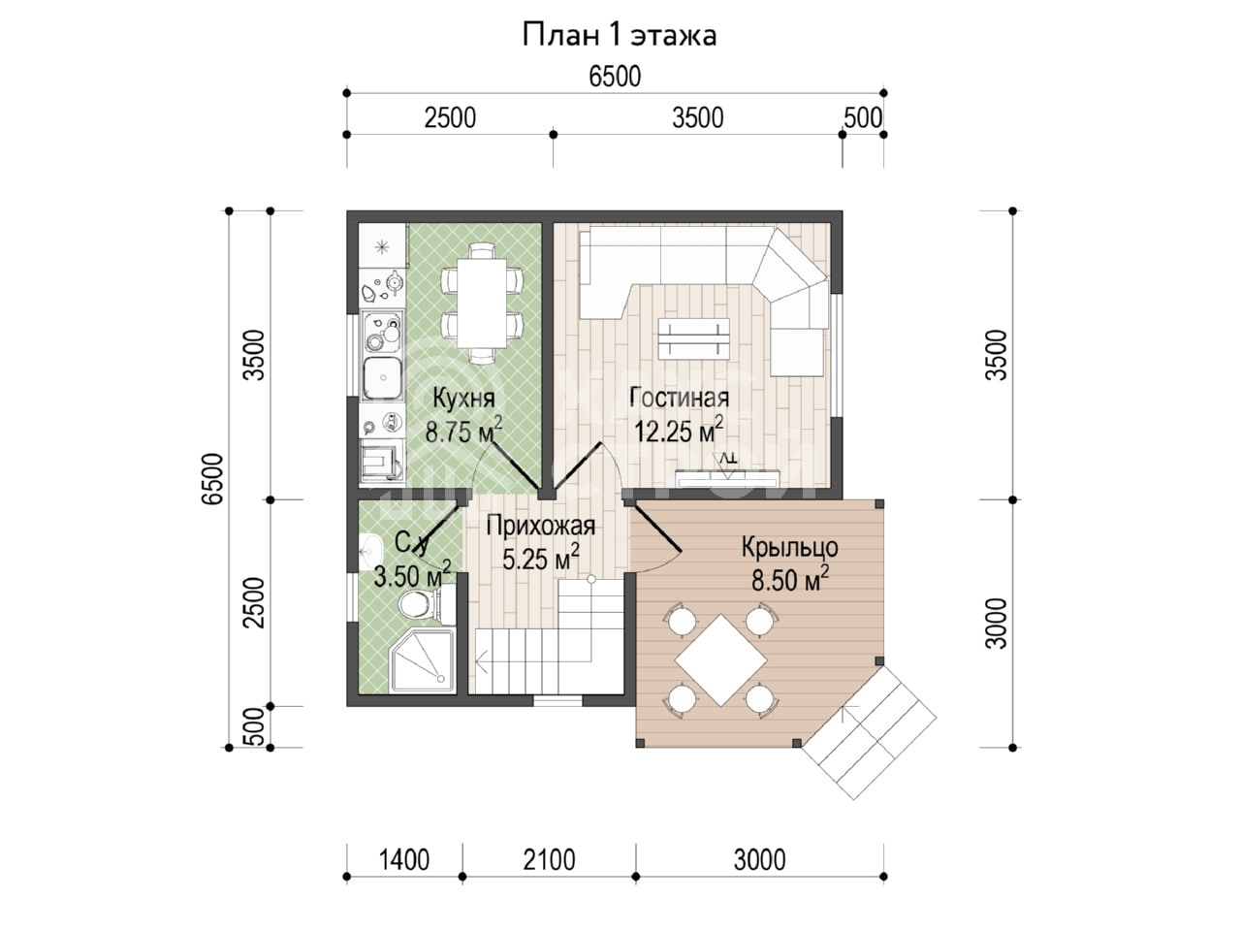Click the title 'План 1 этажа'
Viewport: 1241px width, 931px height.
click(620, 36)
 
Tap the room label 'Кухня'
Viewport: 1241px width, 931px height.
click(463, 399)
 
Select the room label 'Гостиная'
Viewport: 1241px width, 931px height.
click(680, 398)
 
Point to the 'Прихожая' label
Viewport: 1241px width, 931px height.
click(541, 527)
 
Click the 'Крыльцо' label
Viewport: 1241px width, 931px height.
click(790, 547)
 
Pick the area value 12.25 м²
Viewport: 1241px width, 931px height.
click(679, 430)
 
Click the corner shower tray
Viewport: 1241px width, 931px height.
click(422, 659)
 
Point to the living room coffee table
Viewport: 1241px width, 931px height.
click(694, 338)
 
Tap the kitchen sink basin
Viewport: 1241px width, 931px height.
click(383, 377)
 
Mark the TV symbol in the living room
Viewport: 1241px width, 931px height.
click(727, 464)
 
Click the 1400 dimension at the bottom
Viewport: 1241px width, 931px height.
click(404, 860)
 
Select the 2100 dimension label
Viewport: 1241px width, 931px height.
click(549, 860)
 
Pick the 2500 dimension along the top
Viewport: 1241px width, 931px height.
click(450, 118)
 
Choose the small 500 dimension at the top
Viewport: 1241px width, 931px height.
click(863, 118)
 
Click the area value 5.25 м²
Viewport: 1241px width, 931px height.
click(541, 558)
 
